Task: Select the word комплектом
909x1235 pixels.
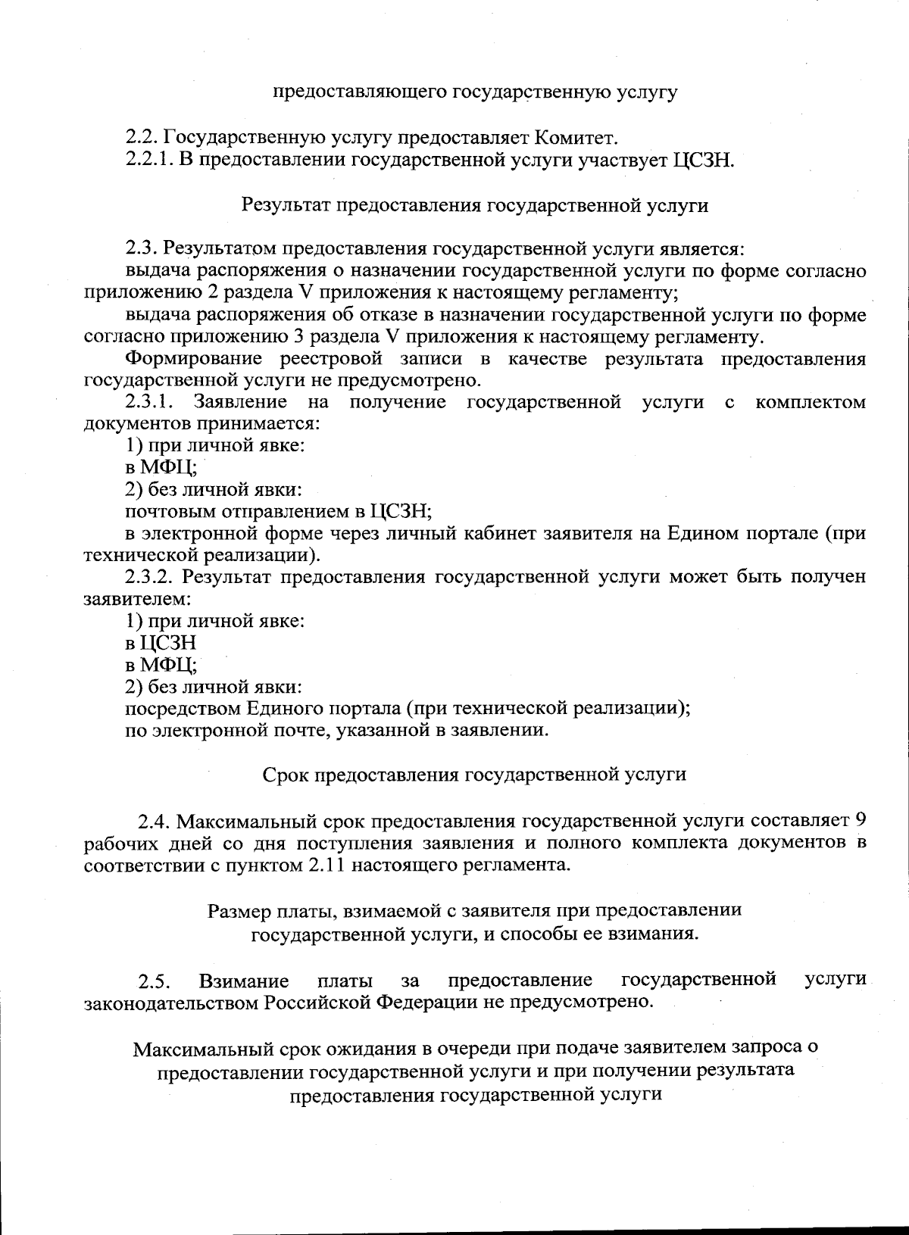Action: tap(811, 402)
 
